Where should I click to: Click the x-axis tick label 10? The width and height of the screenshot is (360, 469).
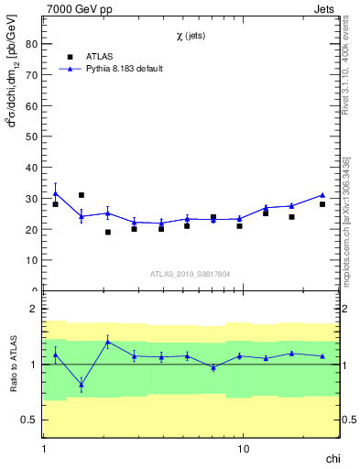point(243,450)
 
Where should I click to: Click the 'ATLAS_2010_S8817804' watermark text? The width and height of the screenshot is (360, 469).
point(191,273)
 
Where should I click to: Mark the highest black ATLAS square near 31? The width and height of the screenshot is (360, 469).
point(82,195)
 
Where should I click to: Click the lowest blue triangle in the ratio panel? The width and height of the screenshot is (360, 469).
point(82,385)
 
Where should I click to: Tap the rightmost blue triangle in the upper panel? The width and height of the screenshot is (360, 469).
point(322,195)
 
